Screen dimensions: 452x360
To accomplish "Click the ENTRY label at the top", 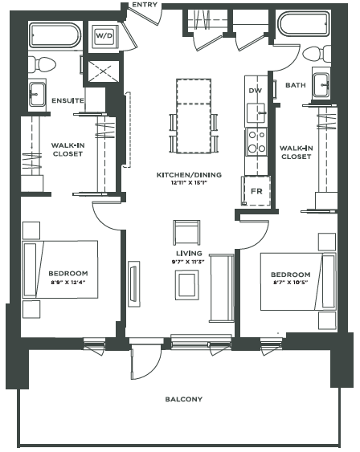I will [x=145, y=5].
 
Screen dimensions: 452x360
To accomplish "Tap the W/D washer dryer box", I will [x=104, y=36].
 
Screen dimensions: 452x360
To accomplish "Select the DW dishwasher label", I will [x=256, y=92].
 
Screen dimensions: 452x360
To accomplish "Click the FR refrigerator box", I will [x=256, y=191].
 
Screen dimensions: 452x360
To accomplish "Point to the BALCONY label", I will [x=183, y=399].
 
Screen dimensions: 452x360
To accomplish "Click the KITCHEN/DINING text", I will [x=189, y=174].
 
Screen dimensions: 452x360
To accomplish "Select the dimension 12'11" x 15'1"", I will [x=189, y=183].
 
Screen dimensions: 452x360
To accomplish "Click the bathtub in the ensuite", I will [x=55, y=36].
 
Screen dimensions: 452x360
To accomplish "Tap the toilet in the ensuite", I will [x=44, y=63].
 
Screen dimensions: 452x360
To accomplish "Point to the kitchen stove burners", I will [x=256, y=142].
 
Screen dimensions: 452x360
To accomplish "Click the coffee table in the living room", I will [x=188, y=284].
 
